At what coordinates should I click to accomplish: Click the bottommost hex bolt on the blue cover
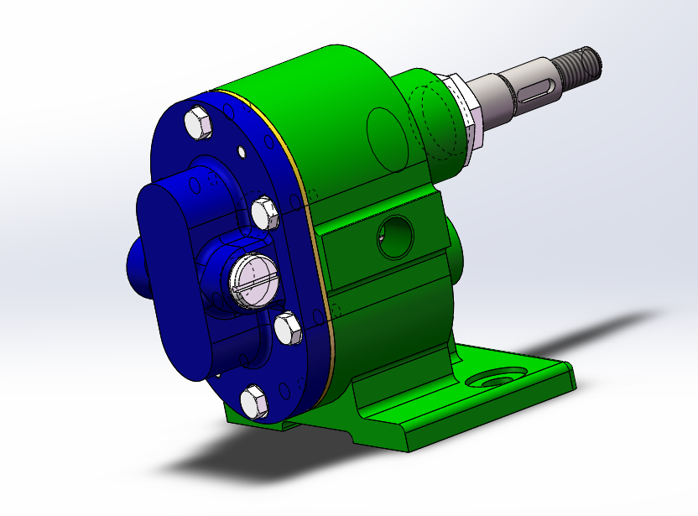click(254, 400)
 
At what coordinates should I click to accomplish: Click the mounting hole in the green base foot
click(492, 380)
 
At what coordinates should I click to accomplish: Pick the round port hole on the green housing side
click(395, 236)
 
